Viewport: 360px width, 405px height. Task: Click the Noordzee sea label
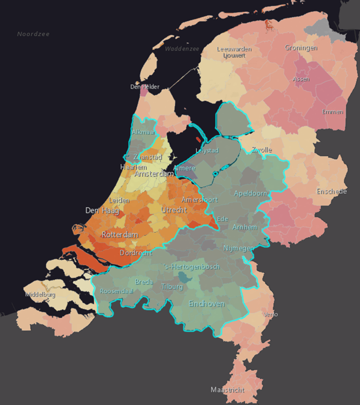point(33,34)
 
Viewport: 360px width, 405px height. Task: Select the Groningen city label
point(301,48)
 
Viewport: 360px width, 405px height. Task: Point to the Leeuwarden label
point(234,49)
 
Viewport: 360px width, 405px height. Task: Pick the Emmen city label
point(333,112)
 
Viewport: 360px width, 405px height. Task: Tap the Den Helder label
point(144,87)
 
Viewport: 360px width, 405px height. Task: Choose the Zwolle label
point(261,150)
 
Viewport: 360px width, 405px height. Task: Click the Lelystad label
point(207,150)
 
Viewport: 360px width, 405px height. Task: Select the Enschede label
point(332,191)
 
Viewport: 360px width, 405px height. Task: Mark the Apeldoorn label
point(251,193)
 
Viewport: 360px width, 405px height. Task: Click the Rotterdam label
point(120,235)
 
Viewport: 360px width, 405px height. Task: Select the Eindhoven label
point(207,304)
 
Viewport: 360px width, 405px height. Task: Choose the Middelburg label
point(40,295)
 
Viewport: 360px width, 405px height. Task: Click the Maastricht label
point(228,390)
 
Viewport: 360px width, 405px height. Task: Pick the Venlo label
point(271,314)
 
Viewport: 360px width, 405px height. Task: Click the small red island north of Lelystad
point(198,139)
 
